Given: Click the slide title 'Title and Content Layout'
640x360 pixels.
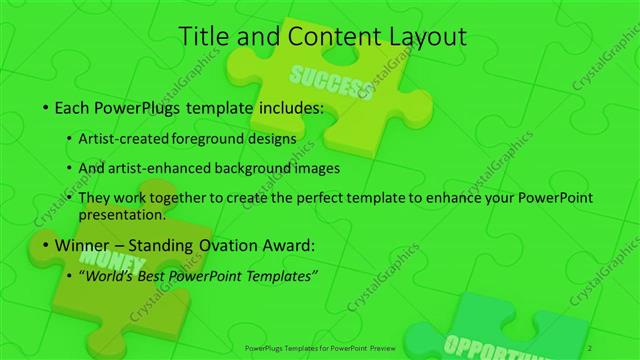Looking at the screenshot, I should (x=320, y=37).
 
